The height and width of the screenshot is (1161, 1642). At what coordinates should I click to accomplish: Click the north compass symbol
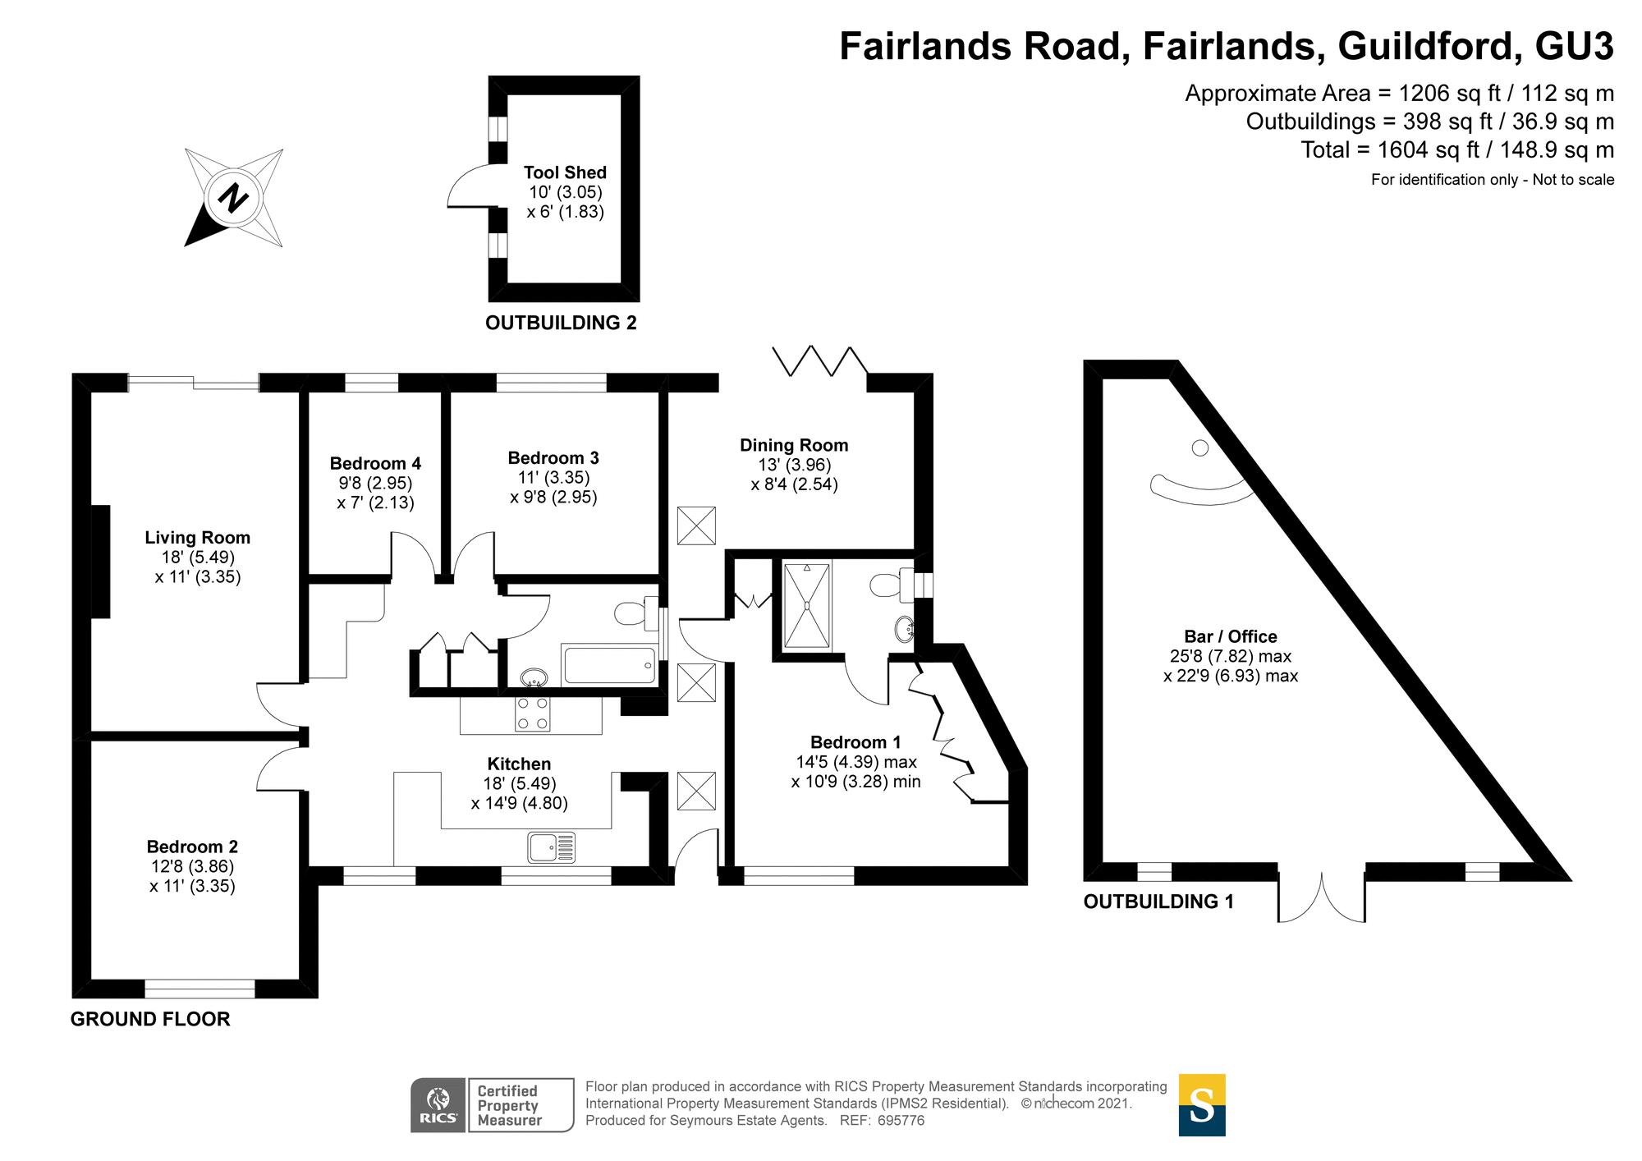click(x=234, y=198)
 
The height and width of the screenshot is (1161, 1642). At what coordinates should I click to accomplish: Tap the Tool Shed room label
click(x=565, y=173)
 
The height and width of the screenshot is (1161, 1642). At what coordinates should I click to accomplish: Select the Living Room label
click(x=197, y=538)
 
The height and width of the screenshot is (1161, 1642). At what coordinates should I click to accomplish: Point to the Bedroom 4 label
click(x=375, y=464)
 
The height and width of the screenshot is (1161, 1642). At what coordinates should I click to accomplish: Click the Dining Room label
click(x=794, y=446)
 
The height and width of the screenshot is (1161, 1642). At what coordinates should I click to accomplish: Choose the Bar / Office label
click(x=1230, y=636)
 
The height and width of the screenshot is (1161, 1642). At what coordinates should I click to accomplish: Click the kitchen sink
click(x=552, y=847)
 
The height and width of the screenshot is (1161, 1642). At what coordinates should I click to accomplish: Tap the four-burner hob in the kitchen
click(x=532, y=714)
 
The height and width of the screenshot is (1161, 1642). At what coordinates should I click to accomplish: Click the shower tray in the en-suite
click(x=807, y=605)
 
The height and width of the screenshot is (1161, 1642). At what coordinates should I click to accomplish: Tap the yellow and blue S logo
click(x=1201, y=1105)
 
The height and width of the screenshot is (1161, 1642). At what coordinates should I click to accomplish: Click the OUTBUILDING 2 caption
click(x=561, y=324)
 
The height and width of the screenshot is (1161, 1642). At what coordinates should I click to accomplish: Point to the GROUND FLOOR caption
click(x=150, y=1020)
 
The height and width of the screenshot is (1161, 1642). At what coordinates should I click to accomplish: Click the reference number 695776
click(x=901, y=1121)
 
